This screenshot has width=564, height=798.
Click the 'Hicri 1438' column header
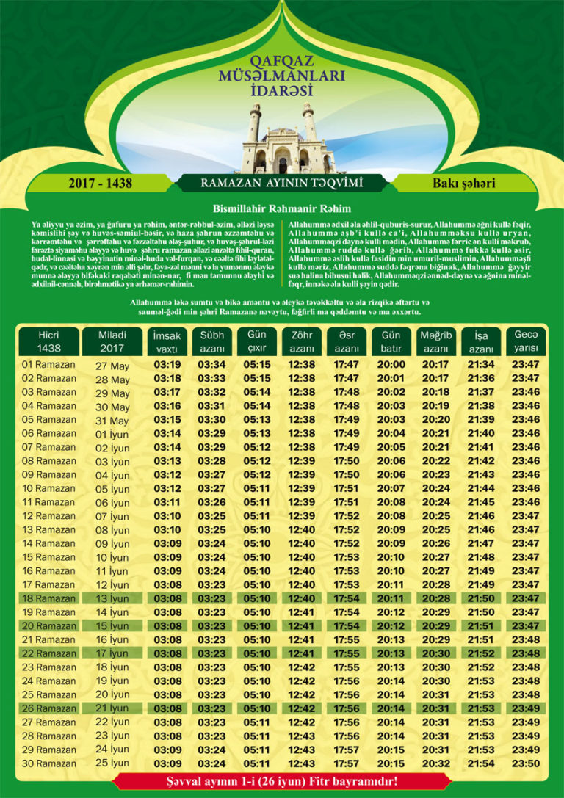(49, 341)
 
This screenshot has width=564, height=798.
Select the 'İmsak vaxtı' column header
(167, 341)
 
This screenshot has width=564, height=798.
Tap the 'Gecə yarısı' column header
(526, 341)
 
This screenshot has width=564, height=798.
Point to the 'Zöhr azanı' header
(302, 341)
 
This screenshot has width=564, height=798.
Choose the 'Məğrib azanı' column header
(436, 341)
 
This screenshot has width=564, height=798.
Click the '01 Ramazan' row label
(49, 364)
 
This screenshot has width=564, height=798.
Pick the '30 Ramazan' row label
(49, 763)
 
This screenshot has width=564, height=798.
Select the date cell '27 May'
(113, 366)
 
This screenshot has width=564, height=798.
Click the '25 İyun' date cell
(113, 764)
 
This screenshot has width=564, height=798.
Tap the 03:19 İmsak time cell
(167, 365)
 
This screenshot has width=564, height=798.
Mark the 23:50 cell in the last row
(526, 763)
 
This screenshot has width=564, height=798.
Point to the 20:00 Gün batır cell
(391, 365)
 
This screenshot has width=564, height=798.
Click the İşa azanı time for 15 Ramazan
(481, 557)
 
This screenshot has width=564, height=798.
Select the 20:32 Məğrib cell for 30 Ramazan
(436, 763)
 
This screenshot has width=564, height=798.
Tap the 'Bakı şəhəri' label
(464, 183)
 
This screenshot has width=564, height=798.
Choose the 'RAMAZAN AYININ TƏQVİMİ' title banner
(282, 183)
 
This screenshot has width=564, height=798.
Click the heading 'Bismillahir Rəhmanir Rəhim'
(282, 208)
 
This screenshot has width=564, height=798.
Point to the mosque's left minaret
(254, 125)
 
